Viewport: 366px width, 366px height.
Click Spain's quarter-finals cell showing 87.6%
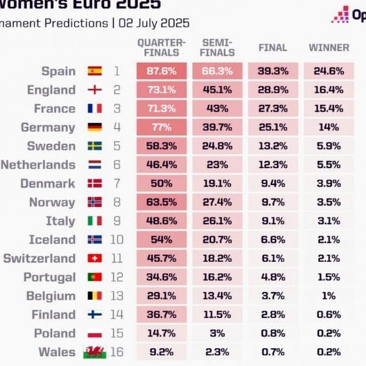(x=162, y=71)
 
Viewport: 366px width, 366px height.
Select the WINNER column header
(x=329, y=47)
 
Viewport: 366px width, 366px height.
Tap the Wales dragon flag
(x=95, y=352)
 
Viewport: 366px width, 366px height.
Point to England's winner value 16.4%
(x=329, y=90)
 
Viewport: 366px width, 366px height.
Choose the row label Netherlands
(x=38, y=165)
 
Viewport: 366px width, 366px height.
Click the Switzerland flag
(x=95, y=259)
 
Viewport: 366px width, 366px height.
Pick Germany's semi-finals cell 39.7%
(x=217, y=127)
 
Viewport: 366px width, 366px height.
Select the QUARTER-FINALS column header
(x=162, y=47)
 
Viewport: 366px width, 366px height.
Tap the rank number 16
(x=117, y=352)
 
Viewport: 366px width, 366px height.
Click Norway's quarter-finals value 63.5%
(x=162, y=202)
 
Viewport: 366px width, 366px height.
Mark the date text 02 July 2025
(x=154, y=23)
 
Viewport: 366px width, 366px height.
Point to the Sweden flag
(x=95, y=146)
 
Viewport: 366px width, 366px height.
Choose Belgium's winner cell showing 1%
(x=329, y=296)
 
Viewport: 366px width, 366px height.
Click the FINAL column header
(x=273, y=47)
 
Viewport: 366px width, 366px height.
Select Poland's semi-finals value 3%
(x=217, y=333)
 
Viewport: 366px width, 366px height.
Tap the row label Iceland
(x=52, y=239)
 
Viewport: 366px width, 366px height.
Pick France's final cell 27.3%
(x=273, y=108)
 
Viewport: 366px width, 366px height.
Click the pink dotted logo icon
(x=340, y=14)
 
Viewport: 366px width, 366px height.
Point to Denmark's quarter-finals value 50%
(x=162, y=183)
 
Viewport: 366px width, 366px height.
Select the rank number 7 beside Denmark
(x=117, y=183)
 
